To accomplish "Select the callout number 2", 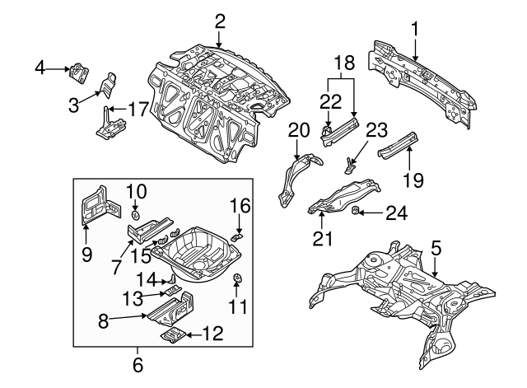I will pyautogui.click(x=220, y=21).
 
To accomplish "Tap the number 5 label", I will pyautogui.click(x=436, y=245).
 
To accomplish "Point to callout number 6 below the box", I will pyautogui.click(x=138, y=363).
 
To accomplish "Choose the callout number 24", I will pyautogui.click(x=397, y=213).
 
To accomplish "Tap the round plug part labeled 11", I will pyautogui.click(x=237, y=278).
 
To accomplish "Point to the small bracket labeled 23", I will pyautogui.click(x=349, y=163).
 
